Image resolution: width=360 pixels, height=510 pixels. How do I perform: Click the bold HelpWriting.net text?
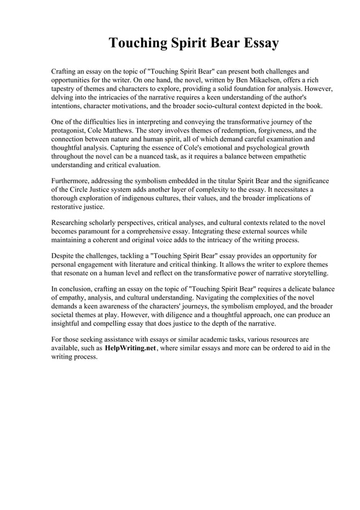[x=130, y=348]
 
